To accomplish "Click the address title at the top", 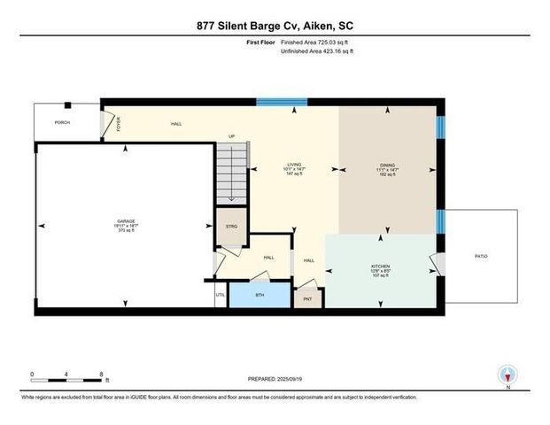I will [275, 26].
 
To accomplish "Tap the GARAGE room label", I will [124, 221].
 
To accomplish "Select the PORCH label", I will [62, 123].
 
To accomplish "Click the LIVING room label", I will [293, 165].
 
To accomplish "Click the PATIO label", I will [481, 256].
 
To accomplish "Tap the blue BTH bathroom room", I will [260, 294].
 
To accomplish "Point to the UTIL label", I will [221, 294].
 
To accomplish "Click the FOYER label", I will [119, 124].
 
